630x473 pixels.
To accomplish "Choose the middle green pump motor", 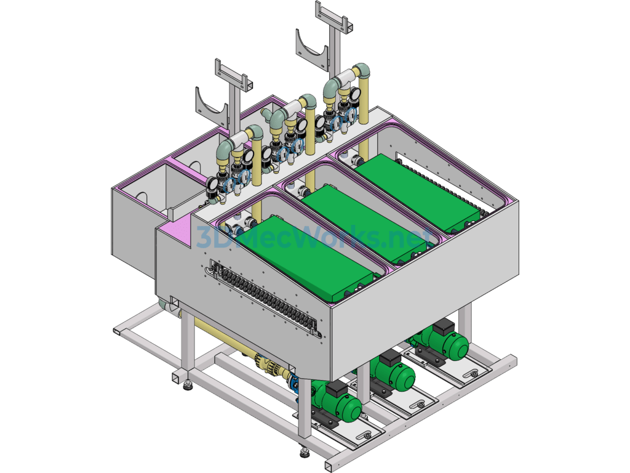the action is (x=392, y=371).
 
